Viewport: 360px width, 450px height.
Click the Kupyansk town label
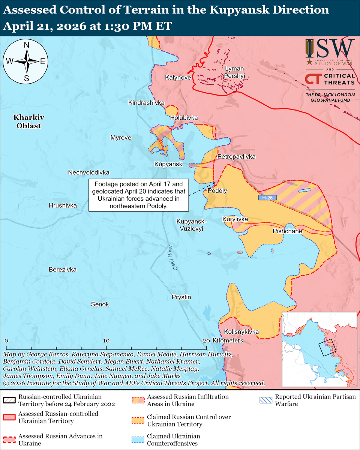pos(168,164)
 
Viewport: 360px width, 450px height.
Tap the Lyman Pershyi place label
pos(234,72)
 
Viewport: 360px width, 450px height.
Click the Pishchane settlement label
pos(287,231)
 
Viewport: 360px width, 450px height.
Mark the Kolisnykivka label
pos(241,332)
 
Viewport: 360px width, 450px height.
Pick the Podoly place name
pos(217,191)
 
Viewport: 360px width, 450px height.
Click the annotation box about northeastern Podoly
pos(139,195)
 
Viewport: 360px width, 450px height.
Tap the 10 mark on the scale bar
pos(106,340)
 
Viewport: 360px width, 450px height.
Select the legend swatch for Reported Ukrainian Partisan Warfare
pos(266,400)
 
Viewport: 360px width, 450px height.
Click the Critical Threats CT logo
pos(312,79)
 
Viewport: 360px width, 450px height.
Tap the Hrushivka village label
pos(63,205)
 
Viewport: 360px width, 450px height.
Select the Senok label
pos(100,304)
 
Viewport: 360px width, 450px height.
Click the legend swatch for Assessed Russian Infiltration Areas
pos(138,400)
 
